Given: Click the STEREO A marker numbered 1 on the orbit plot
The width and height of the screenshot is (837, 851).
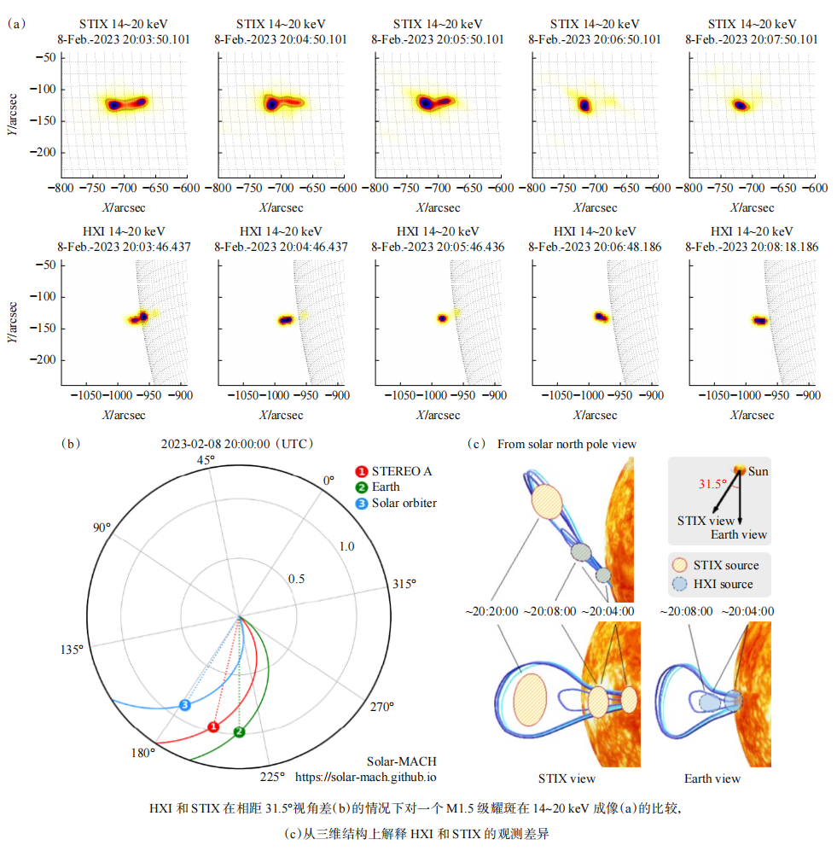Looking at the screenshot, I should (x=213, y=726).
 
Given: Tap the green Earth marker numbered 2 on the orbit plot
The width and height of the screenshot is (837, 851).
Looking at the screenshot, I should (x=239, y=732).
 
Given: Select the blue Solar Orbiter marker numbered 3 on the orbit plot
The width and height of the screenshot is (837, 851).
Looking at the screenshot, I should (x=185, y=704).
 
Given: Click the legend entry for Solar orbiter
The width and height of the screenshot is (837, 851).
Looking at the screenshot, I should (x=404, y=503).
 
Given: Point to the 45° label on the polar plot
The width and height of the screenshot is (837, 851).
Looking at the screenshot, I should (x=206, y=460).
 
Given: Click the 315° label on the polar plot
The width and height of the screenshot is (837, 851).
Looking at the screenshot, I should (x=404, y=584).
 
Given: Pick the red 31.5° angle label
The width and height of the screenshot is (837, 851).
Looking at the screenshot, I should (x=713, y=484).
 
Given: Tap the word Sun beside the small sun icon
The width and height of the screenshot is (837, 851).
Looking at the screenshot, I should (x=759, y=471).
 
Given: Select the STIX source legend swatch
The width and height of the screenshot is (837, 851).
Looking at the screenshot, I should (x=679, y=565).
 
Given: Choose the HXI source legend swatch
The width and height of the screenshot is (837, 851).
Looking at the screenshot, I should (x=679, y=584).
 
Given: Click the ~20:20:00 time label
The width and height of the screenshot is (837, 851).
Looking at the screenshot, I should (x=491, y=611).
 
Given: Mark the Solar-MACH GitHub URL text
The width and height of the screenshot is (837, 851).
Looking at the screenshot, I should (x=366, y=778).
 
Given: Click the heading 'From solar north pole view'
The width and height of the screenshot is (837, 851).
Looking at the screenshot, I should (x=567, y=444).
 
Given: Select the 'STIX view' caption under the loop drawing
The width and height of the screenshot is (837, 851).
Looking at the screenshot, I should (x=567, y=778).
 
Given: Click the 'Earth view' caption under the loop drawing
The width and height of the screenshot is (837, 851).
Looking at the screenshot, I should (x=712, y=778).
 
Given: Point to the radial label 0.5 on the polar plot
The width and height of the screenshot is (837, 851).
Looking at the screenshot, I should (x=296, y=580).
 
